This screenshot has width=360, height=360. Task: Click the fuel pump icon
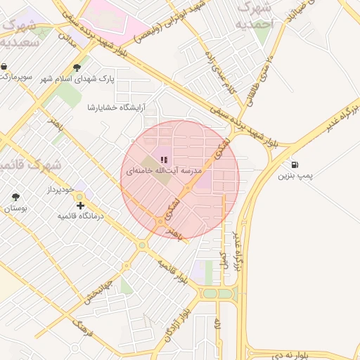pyautogui.click(x=292, y=165)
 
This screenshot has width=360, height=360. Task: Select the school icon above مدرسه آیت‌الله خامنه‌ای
pyautogui.click(x=164, y=160)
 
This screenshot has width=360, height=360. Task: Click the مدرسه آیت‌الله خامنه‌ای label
pyautogui.click(x=164, y=171)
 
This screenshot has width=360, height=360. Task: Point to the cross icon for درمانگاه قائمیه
pyautogui.click(x=81, y=206)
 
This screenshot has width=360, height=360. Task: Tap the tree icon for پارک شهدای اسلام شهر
pyautogui.click(x=77, y=68)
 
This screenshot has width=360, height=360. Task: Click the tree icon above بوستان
pyautogui.click(x=15, y=198)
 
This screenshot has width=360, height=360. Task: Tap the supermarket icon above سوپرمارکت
pyautogui.click(x=6, y=67)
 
